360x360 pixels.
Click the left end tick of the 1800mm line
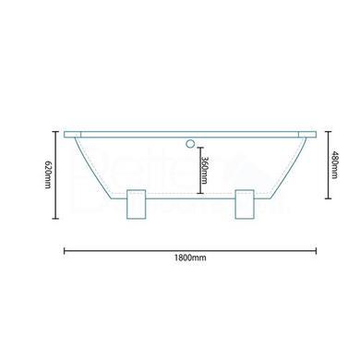tap(64, 248)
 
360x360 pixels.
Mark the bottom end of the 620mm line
tap(55, 218)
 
